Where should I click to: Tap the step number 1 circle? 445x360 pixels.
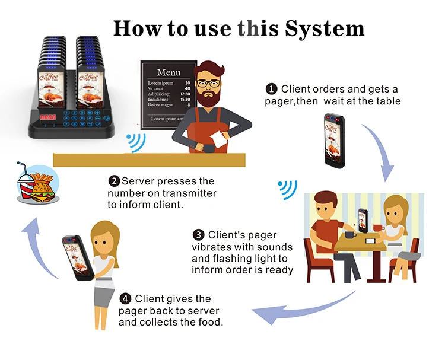tap(272, 89)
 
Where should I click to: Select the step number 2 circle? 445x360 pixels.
tap(114, 180)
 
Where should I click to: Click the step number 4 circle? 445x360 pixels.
tap(125, 298)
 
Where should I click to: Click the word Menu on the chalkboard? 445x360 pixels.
tap(169, 72)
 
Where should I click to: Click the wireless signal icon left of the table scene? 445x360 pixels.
tap(288, 189)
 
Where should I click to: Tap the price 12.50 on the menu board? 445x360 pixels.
tap(185, 94)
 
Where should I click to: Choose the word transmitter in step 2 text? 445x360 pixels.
tap(187, 193)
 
